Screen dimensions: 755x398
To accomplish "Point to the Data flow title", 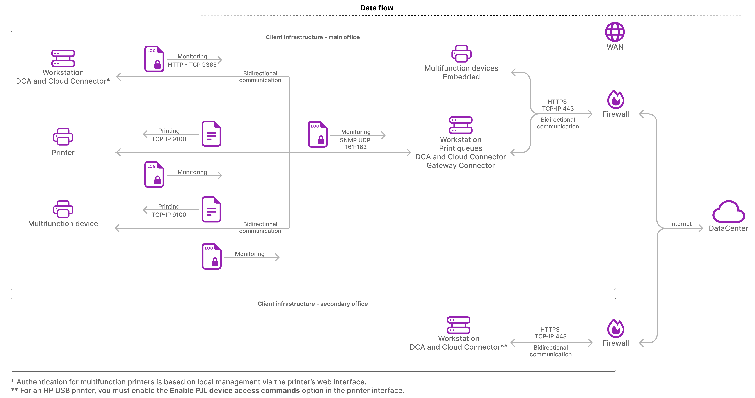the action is click(377, 8).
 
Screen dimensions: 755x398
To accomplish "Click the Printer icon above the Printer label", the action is click(63, 137).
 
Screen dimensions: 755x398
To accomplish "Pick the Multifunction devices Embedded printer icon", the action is click(461, 53).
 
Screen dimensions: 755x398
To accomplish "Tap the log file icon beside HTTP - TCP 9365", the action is click(154, 59).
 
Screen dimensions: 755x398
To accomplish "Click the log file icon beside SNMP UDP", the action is click(318, 134).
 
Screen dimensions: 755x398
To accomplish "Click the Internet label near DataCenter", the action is click(681, 224).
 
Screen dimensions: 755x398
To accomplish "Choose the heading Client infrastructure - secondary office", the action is click(313, 304).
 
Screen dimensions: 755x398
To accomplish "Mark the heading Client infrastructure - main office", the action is click(313, 37).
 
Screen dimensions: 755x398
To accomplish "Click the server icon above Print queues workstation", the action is click(461, 125).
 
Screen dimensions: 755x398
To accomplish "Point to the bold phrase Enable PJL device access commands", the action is click(235, 390).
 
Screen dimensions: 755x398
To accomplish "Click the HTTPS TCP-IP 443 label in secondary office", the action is click(550, 333).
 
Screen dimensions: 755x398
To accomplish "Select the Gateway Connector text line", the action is click(460, 166).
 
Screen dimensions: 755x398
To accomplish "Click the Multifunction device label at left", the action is click(63, 224).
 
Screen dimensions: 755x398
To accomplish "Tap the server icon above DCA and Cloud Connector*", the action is click(63, 58).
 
